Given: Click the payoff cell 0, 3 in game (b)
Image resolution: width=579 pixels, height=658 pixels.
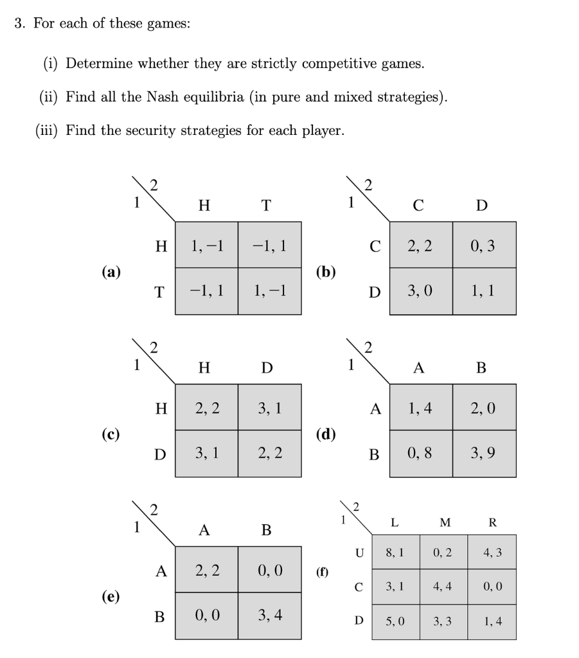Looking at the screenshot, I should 483,245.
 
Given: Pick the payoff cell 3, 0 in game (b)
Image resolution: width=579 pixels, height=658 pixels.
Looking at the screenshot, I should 419,291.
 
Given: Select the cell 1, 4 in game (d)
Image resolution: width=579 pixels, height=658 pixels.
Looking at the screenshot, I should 419,407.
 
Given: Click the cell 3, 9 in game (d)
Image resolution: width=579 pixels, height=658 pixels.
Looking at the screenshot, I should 483,453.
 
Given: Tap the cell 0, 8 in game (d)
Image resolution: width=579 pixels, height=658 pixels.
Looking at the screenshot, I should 419,453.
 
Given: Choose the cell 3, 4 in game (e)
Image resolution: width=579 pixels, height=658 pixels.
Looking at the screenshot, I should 269,615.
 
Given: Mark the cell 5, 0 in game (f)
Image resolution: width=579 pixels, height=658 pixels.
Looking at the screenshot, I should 395,621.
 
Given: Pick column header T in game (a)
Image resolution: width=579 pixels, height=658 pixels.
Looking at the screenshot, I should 266,206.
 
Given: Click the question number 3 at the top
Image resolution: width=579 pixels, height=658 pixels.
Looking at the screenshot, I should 19,24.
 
